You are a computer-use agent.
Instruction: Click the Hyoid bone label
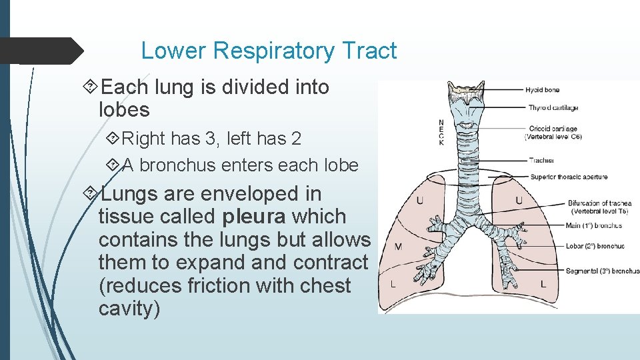[x=542, y=89]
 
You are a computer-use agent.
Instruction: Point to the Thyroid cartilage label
[x=553, y=107]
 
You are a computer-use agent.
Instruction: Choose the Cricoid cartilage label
[x=553, y=129]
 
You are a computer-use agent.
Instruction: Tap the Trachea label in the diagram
[x=541, y=160]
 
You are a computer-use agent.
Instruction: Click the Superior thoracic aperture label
[x=569, y=177]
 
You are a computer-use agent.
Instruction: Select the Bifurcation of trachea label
[x=599, y=203]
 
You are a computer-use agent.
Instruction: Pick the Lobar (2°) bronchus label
[x=595, y=246]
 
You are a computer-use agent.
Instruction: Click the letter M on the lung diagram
[x=398, y=247]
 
